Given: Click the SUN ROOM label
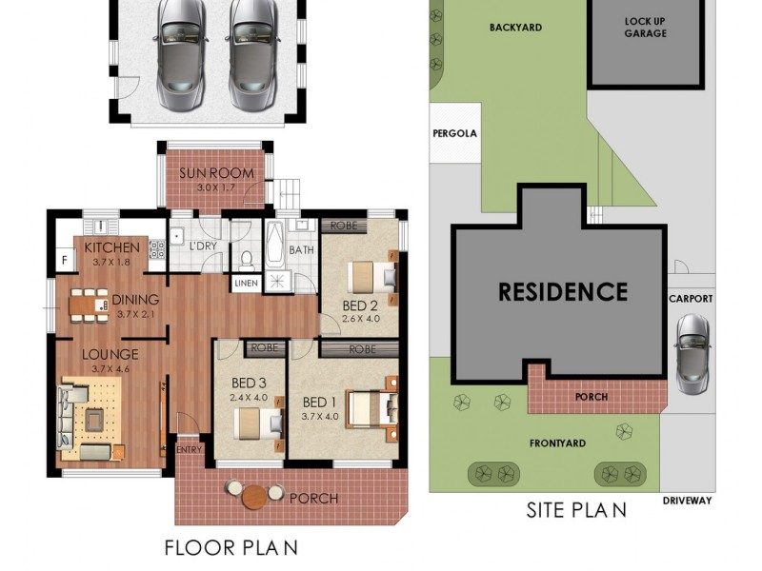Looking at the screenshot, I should point(217,173).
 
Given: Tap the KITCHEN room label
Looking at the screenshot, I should point(112,247).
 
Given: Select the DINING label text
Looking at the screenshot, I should point(135,300).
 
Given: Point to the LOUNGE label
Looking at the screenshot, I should point(110,355).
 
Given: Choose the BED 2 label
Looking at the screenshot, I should point(361,305).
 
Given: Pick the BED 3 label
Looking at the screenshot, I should point(249,384).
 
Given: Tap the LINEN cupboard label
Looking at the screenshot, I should point(244,284).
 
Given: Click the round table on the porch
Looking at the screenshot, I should point(254,496).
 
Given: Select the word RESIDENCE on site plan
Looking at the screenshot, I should point(563,291).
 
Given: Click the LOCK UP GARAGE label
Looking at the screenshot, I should point(645,27).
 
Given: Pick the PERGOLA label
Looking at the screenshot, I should point(454,134).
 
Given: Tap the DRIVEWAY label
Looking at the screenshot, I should point(688,501).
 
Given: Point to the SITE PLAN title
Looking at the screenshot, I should point(576,510).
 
